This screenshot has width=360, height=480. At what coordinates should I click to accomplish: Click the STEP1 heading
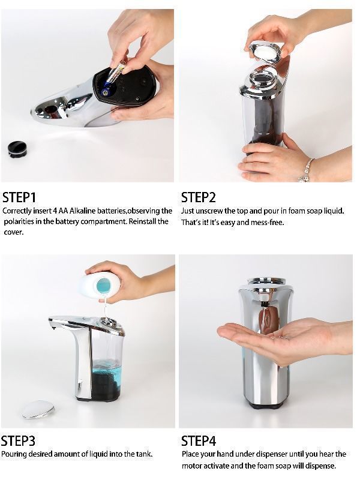click(20, 197)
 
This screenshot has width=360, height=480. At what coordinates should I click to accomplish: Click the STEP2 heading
click(199, 197)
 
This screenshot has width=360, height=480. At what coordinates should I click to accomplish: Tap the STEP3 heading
click(18, 441)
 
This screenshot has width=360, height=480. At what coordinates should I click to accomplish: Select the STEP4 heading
click(199, 441)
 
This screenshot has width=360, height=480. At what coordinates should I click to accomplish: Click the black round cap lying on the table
click(17, 148)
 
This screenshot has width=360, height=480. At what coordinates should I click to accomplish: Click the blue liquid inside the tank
click(107, 367)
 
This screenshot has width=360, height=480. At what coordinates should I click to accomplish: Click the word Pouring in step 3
click(14, 454)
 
